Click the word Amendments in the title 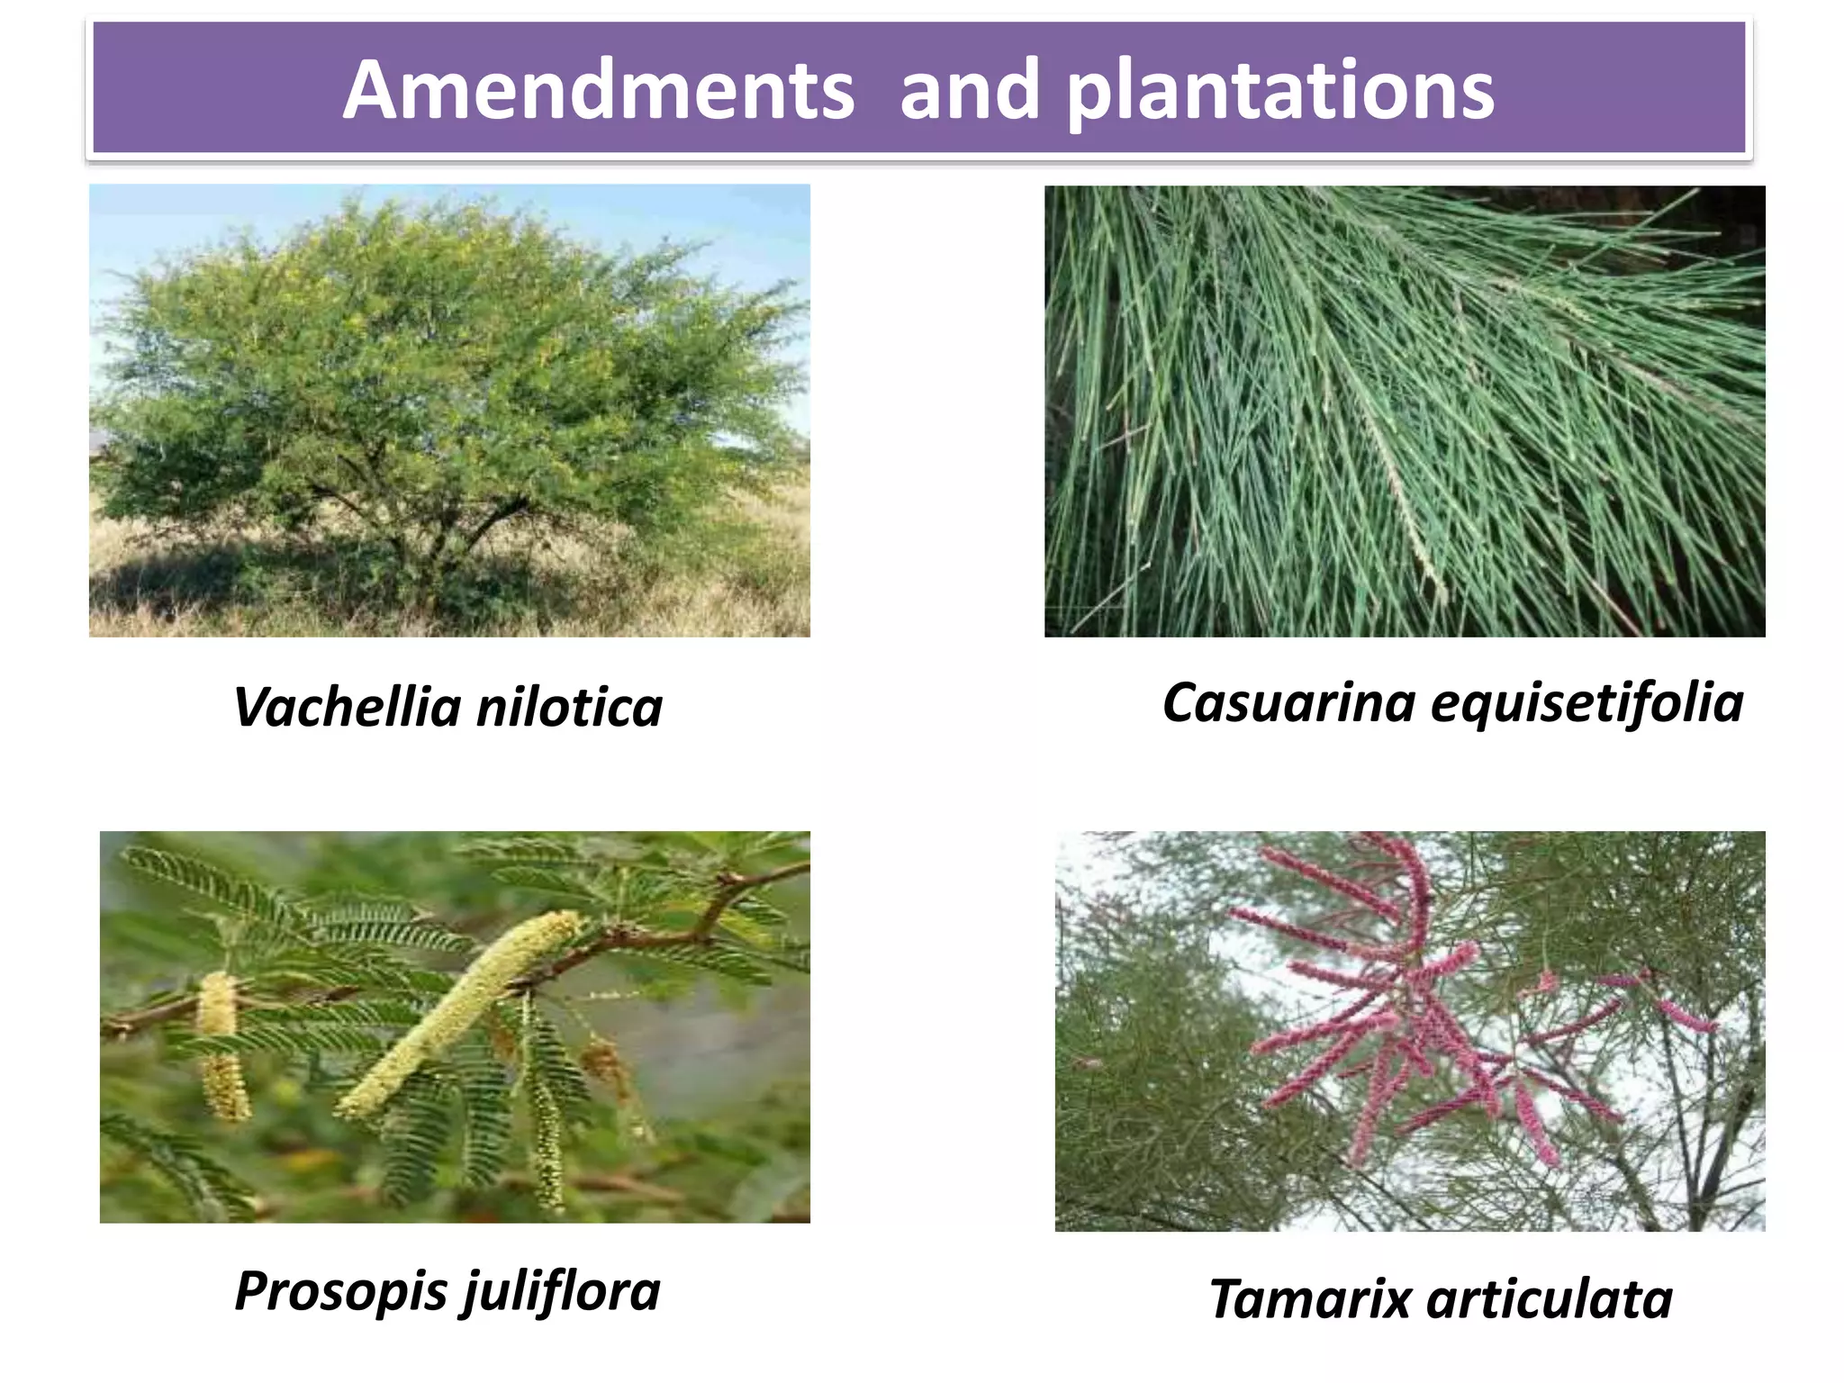pyautogui.click(x=599, y=90)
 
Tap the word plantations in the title pyautogui.click(x=1280, y=92)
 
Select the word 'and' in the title pyautogui.click(x=970, y=90)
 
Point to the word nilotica pyautogui.click(x=569, y=708)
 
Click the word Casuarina pyautogui.click(x=1288, y=702)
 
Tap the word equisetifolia pyautogui.click(x=1586, y=704)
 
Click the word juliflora pyautogui.click(x=562, y=1292)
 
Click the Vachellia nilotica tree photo pyautogui.click(x=449, y=411)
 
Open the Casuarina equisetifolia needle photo pyautogui.click(x=1405, y=411)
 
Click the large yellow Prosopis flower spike pyautogui.click(x=459, y=1013)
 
